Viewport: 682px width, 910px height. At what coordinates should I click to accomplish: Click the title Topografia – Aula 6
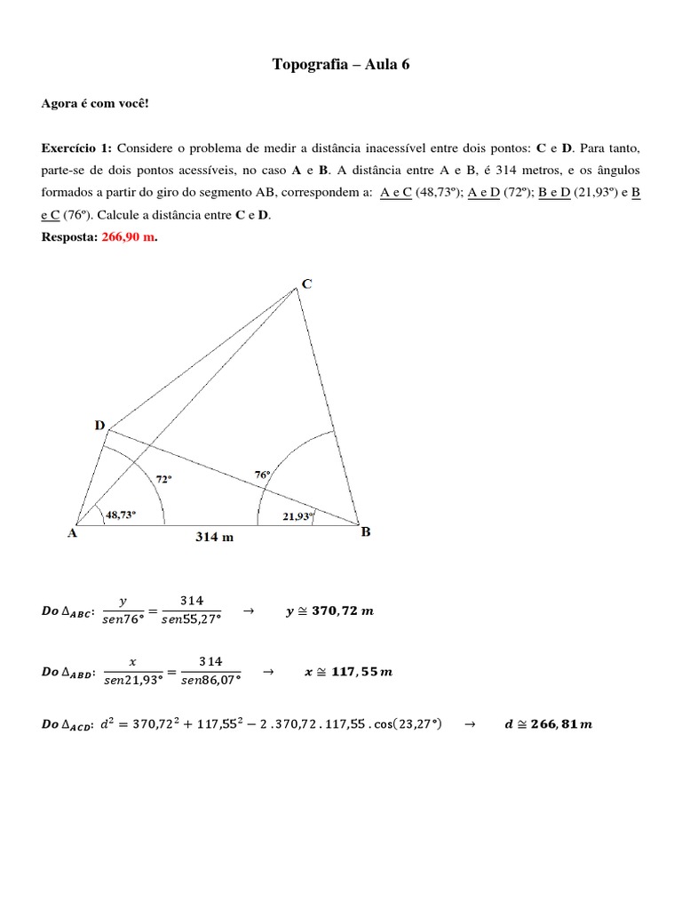pos(340,65)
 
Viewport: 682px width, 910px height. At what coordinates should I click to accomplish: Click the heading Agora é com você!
pos(96,104)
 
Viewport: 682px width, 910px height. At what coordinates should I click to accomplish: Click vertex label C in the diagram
pos(306,284)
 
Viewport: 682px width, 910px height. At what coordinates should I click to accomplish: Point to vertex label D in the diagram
pos(99,426)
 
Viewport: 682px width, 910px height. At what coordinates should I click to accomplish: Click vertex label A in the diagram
pos(72,534)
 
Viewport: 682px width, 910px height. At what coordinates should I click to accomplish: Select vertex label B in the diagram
pos(365,532)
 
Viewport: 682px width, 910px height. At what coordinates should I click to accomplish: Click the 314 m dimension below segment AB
pos(214,537)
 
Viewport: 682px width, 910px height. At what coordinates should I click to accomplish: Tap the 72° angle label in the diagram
pos(163,478)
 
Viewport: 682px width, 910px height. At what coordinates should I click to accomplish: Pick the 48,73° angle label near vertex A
pos(121,514)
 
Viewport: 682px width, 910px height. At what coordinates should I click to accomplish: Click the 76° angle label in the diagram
pos(262,475)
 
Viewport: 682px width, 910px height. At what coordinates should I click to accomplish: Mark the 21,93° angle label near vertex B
pos(297,516)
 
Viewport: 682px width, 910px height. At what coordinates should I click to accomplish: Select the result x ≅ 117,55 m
pos(348,672)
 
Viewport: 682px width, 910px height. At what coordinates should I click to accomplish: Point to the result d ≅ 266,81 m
pos(548,723)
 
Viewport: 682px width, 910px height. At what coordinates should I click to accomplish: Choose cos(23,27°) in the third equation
pos(404,723)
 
